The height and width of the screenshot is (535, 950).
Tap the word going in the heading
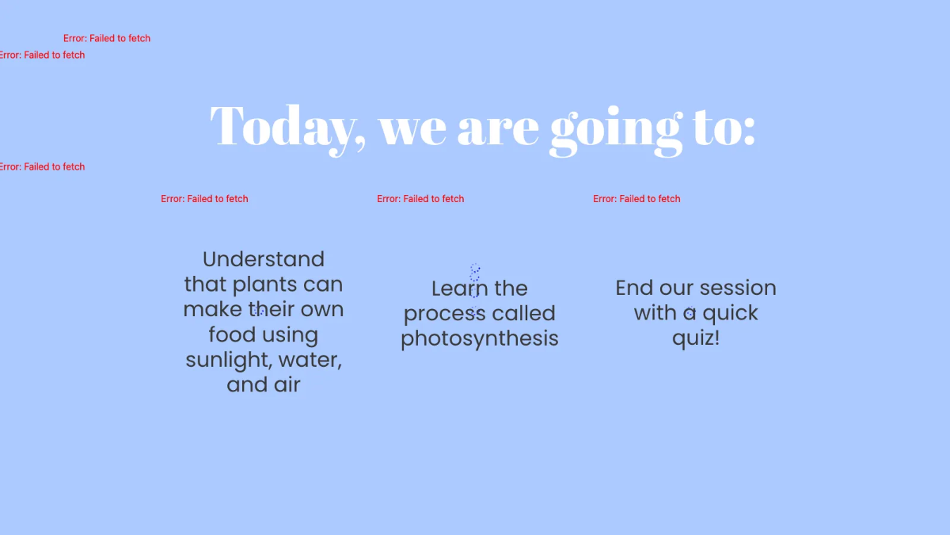[616, 127]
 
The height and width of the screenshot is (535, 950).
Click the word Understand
[264, 259]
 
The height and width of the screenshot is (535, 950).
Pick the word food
[230, 334]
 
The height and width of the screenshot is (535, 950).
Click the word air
[287, 384]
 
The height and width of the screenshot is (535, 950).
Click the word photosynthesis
[480, 338]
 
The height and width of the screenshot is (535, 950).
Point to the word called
[523, 313]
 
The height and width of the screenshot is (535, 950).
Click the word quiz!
[696, 338]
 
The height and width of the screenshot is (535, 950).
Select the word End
[634, 288]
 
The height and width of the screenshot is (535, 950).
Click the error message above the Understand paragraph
[204, 199]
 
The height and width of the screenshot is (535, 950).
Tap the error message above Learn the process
[420, 199]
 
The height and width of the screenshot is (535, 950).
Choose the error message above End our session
[636, 199]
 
